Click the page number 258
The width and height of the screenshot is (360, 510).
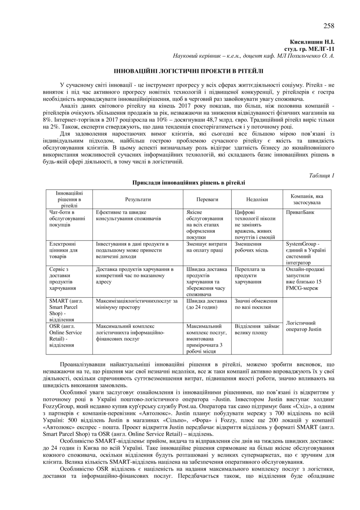(x=328, y=26)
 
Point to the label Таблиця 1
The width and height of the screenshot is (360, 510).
(x=321, y=176)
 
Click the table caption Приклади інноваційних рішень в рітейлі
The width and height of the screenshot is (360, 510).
(x=189, y=183)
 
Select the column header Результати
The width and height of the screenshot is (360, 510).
(x=138, y=199)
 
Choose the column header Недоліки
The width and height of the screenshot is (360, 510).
(x=257, y=199)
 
